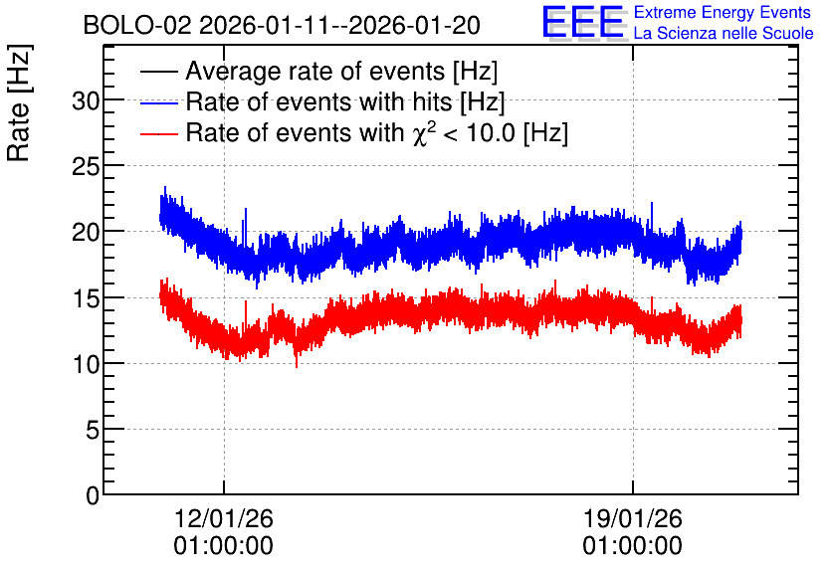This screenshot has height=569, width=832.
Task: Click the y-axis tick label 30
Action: tap(86, 100)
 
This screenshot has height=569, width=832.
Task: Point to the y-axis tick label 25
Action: tap(86, 166)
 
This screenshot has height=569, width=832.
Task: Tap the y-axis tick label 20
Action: tap(86, 232)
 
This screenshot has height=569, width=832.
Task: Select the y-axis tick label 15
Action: tap(86, 298)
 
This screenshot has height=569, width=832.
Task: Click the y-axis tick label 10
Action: tap(86, 364)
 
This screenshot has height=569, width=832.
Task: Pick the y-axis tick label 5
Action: tap(93, 430)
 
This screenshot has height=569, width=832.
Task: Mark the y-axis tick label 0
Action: tap(93, 495)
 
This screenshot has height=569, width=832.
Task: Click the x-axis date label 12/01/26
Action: tap(223, 518)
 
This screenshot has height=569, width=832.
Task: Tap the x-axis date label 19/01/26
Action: tap(633, 518)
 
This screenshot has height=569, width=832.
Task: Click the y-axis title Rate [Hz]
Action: tap(19, 102)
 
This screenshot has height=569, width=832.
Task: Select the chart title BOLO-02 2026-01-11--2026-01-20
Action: tap(282, 25)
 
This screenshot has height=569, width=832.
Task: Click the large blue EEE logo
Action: tap(583, 22)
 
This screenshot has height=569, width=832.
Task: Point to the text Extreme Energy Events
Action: tap(723, 12)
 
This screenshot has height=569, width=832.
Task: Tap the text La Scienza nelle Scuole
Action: tap(724, 33)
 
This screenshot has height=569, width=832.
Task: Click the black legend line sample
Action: tap(158, 72)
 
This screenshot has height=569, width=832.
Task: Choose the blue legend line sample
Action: tap(158, 102)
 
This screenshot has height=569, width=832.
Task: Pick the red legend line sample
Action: tap(158, 133)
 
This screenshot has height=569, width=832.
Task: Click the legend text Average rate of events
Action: tap(315, 71)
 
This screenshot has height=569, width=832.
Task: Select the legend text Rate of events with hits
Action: tap(318, 101)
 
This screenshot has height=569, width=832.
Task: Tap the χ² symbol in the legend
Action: tap(424, 133)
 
